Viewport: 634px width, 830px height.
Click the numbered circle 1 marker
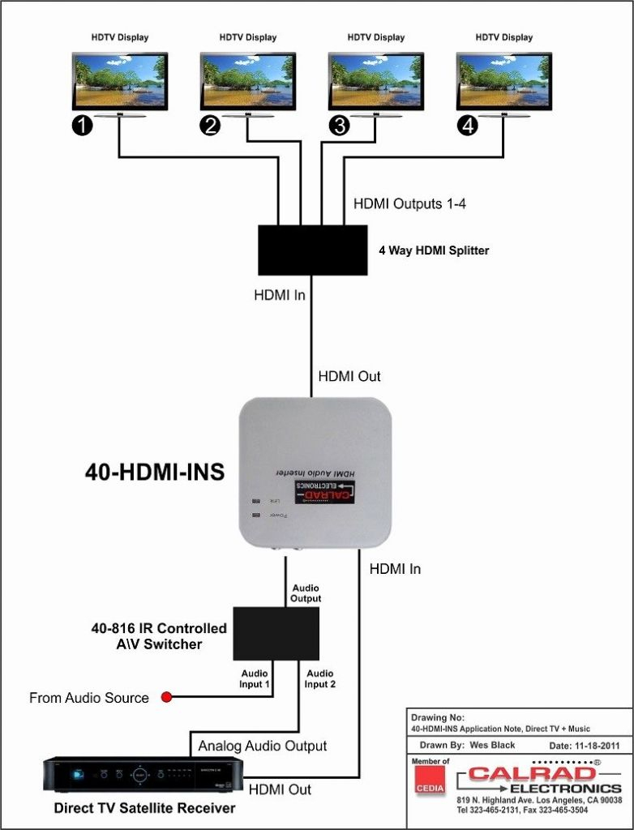point(82,126)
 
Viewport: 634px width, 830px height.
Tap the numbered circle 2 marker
point(210,126)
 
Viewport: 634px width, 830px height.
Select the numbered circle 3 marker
point(338,126)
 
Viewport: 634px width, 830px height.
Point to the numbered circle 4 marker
point(467,126)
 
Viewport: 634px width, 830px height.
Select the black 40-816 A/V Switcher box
point(276,634)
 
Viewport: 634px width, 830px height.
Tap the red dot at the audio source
point(167,697)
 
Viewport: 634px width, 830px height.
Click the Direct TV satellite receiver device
point(143,775)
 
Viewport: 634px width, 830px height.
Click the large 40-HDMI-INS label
point(155,473)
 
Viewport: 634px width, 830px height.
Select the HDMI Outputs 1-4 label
point(409,203)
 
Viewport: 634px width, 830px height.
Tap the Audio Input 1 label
point(255,679)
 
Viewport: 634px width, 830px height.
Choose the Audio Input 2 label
point(319,679)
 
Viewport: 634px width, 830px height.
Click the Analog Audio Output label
point(263,746)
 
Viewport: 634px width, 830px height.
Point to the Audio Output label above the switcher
point(306,593)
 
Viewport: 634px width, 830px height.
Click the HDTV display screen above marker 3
point(375,81)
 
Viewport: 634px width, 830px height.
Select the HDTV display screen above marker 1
point(119,81)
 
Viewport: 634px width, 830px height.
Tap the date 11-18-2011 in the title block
point(580,745)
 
